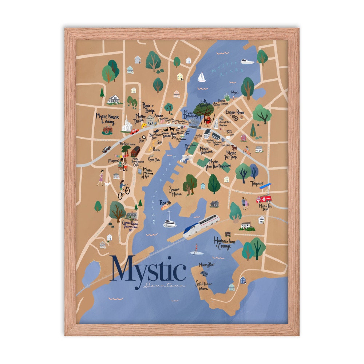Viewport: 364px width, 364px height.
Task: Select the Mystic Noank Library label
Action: [x=105, y=119]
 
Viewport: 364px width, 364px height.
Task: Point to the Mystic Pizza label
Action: [x=140, y=118]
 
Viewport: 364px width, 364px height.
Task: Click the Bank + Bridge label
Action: [x=149, y=107]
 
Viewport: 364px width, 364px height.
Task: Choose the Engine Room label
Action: [x=235, y=112]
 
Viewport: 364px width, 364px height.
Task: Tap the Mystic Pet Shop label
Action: [x=231, y=155]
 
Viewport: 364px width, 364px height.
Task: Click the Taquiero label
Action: [x=257, y=183]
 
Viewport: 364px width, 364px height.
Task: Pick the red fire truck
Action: [x=264, y=199]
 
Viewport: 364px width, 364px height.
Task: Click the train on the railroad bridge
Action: [x=201, y=226]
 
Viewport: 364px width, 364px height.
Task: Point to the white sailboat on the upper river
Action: [x=201, y=77]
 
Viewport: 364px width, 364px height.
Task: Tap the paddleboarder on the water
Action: [x=196, y=249]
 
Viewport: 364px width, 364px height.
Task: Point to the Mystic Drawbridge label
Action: [x=191, y=114]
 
